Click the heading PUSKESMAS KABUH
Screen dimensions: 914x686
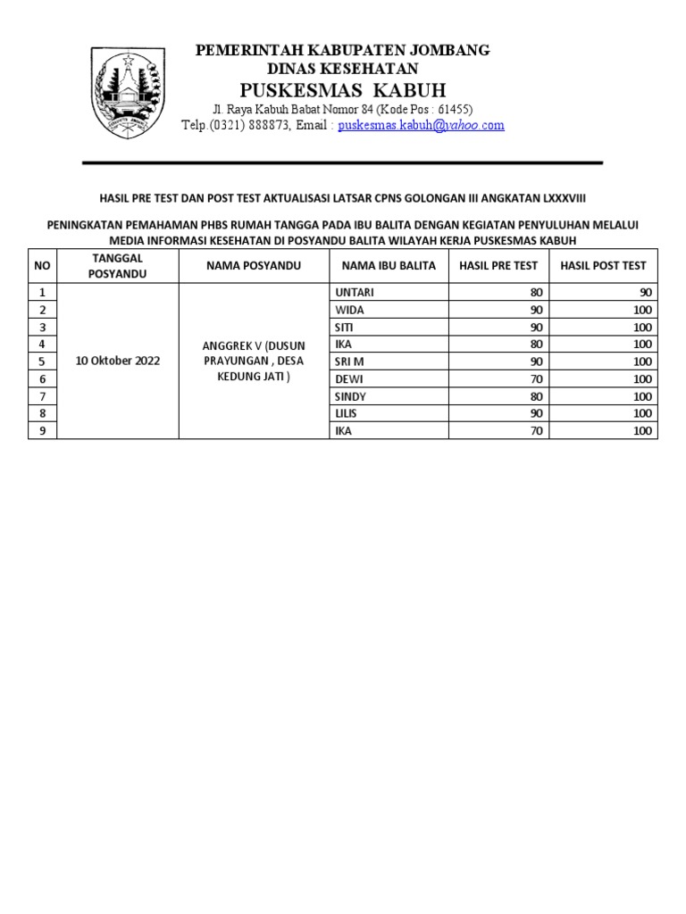point(343,91)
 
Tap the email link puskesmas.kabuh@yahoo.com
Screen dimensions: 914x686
point(421,126)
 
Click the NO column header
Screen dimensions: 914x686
point(42,266)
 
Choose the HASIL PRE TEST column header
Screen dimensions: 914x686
point(498,266)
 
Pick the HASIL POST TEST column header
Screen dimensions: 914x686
point(603,266)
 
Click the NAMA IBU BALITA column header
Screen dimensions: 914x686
point(389,266)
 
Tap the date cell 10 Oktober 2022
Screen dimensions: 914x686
point(117,361)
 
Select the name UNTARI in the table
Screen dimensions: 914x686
point(355,293)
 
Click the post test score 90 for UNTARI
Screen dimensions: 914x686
point(645,293)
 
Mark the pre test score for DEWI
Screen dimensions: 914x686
point(536,379)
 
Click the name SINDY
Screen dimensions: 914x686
point(350,396)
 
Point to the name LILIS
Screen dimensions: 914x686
point(347,414)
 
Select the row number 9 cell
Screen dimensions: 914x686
point(42,431)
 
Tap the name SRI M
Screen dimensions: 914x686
point(349,361)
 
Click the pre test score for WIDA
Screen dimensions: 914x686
point(536,310)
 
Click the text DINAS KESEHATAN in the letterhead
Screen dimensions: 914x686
point(343,69)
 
